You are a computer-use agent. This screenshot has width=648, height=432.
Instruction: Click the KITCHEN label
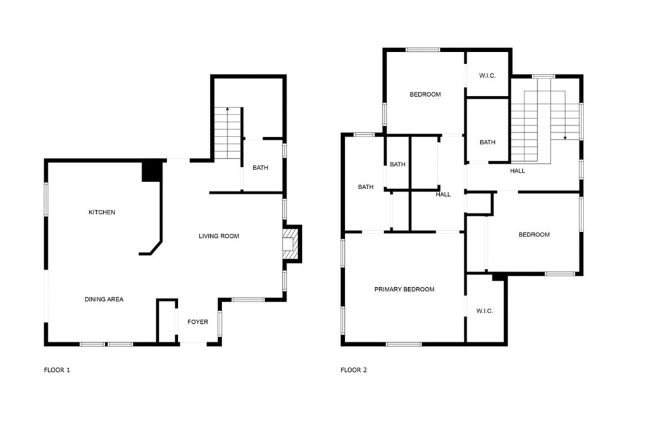(102, 213)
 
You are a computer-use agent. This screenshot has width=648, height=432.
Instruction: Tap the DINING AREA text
(104, 299)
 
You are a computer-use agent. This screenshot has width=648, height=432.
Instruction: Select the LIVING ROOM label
(219, 236)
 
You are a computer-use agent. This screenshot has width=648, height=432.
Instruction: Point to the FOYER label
(198, 322)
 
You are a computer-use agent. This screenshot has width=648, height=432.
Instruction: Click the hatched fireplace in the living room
(290, 244)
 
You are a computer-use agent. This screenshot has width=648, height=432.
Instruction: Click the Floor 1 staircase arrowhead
(227, 109)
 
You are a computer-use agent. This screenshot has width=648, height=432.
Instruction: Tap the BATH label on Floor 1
(260, 168)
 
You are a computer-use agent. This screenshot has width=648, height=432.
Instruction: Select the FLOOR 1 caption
(57, 370)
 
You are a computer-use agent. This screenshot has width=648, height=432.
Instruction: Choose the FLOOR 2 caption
(354, 370)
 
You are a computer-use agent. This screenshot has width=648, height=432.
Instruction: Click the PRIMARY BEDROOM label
(404, 290)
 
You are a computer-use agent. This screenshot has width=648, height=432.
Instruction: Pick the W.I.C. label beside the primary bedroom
(485, 311)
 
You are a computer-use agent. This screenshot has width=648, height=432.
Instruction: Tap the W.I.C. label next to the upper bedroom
(488, 75)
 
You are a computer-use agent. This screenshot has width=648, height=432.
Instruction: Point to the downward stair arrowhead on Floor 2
(565, 137)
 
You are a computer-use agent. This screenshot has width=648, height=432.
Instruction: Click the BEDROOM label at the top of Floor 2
(425, 95)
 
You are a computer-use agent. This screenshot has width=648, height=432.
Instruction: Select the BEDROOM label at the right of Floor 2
(534, 235)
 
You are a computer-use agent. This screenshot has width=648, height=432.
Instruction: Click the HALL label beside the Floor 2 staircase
(518, 171)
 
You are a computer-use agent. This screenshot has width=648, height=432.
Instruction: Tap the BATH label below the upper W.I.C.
(488, 142)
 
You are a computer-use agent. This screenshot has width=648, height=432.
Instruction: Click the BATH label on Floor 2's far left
(366, 187)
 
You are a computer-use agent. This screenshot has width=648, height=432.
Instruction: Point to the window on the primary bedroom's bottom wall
(404, 343)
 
